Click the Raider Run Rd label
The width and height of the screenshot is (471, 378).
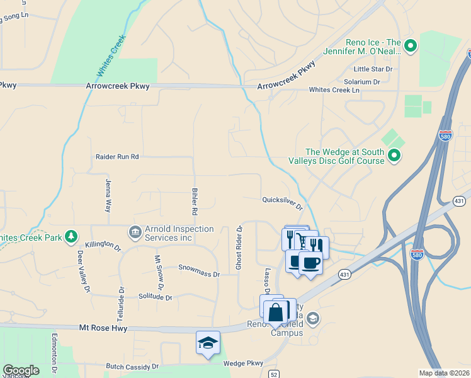pos(117,156)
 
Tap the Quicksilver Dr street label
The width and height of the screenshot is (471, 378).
pos(283,203)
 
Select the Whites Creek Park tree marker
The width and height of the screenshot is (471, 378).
pos(72,237)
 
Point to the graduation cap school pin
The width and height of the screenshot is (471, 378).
pos(208,343)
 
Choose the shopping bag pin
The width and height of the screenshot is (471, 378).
pos(276,311)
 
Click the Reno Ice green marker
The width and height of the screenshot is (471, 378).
pos(411,45)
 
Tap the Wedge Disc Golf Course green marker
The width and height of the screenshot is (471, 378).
pos(394,155)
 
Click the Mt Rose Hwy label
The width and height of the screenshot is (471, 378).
pos(103,328)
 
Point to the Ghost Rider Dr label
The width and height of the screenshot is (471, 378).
pos(239,248)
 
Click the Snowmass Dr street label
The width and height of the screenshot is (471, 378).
pos(199,274)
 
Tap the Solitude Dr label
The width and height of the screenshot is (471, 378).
pos(155,297)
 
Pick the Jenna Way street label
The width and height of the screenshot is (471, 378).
pos(108,195)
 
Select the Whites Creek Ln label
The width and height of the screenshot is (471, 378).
pos(334,90)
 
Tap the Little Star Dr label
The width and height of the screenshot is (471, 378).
pos(373,69)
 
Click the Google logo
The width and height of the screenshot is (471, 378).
pos(21,370)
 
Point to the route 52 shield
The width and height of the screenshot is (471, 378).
pos(273,374)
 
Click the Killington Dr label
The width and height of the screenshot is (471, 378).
pos(103,245)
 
